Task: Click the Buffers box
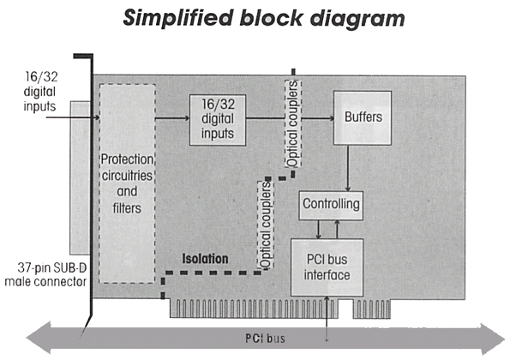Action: [363, 117]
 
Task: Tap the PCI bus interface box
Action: [327, 267]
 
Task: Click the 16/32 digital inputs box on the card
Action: [218, 120]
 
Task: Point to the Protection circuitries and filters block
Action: [127, 183]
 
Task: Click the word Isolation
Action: [205, 259]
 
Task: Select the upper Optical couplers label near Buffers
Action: [293, 123]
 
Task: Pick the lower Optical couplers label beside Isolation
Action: [266, 225]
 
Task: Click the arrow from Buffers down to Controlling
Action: [348, 168]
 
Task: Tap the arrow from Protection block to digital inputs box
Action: [172, 118]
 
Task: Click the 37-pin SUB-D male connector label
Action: [46, 275]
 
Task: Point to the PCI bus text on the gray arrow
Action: [265, 339]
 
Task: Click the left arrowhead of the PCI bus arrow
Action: [39, 338]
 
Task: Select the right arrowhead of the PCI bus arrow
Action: [493, 339]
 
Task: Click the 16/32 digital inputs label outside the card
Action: [40, 92]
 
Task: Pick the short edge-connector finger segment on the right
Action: [372, 309]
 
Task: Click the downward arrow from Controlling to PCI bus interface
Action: [319, 230]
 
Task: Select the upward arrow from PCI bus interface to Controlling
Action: [338, 230]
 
